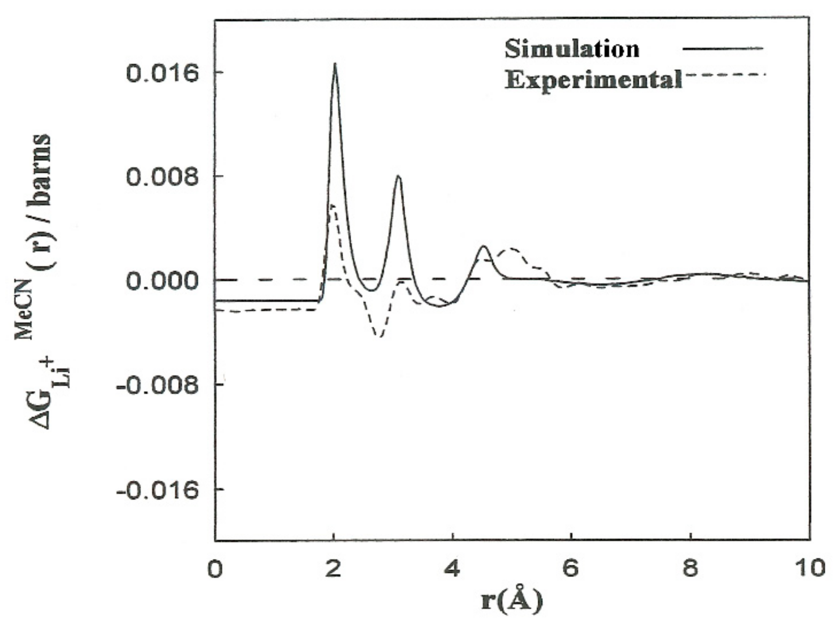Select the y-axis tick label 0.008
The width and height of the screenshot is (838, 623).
[x=162, y=177]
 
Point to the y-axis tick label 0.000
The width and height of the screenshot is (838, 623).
[x=162, y=281]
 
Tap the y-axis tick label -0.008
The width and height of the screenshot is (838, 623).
[x=157, y=385]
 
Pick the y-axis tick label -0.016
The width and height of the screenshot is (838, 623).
[x=157, y=490]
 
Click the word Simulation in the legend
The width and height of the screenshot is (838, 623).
[x=572, y=49]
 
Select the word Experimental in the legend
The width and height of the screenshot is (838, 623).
[x=594, y=79]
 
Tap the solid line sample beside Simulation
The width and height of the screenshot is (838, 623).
[x=723, y=49]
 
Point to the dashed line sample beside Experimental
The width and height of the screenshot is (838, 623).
[x=724, y=75]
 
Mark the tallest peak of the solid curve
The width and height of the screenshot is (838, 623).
[x=335, y=65]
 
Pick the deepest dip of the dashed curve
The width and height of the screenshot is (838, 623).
[x=379, y=336]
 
